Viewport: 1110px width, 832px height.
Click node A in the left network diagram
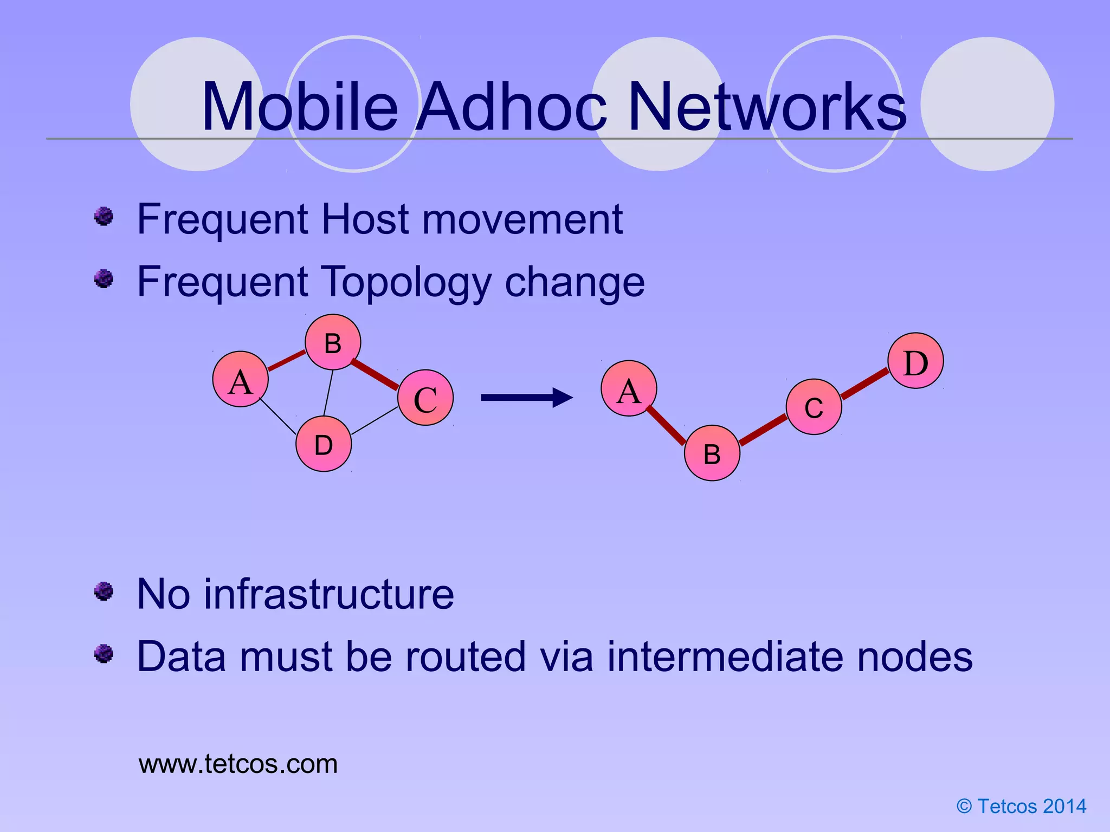pos(241,379)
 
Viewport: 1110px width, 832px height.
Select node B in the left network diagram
pos(333,342)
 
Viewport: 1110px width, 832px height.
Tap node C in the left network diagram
pos(425,398)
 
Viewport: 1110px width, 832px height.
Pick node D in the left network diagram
pos(324,444)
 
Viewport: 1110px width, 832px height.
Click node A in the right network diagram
pos(629,388)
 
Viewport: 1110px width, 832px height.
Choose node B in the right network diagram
pos(712,453)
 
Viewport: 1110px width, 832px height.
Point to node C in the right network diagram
pos(814,407)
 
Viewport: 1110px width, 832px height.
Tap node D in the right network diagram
pos(916,361)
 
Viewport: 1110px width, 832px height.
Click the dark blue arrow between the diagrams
pos(526,398)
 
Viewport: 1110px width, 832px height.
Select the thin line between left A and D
pos(278,416)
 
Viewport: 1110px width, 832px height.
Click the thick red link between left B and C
pos(375,374)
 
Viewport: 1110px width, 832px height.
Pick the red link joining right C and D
pos(865,383)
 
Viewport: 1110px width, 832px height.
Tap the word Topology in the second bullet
pos(406,282)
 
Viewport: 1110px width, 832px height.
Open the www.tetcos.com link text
pos(238,764)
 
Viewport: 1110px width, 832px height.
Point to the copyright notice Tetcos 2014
pos(1022,806)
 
